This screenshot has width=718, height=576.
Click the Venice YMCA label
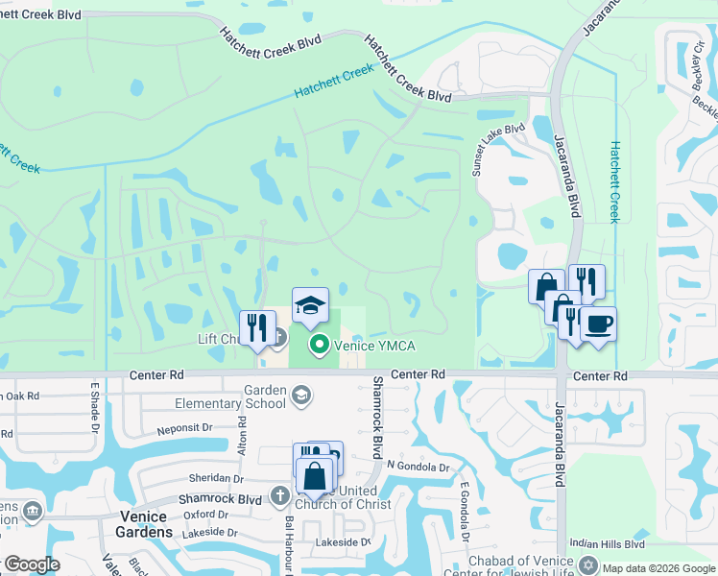tap(373, 346)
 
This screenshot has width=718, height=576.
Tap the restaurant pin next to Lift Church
tap(257, 328)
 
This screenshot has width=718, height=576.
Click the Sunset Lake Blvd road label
tap(497, 147)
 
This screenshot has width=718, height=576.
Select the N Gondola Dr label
tap(418, 467)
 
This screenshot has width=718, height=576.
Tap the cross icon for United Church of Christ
tap(279, 496)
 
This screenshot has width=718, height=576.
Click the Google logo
tap(31, 564)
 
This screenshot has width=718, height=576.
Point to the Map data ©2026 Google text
tap(658, 568)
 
